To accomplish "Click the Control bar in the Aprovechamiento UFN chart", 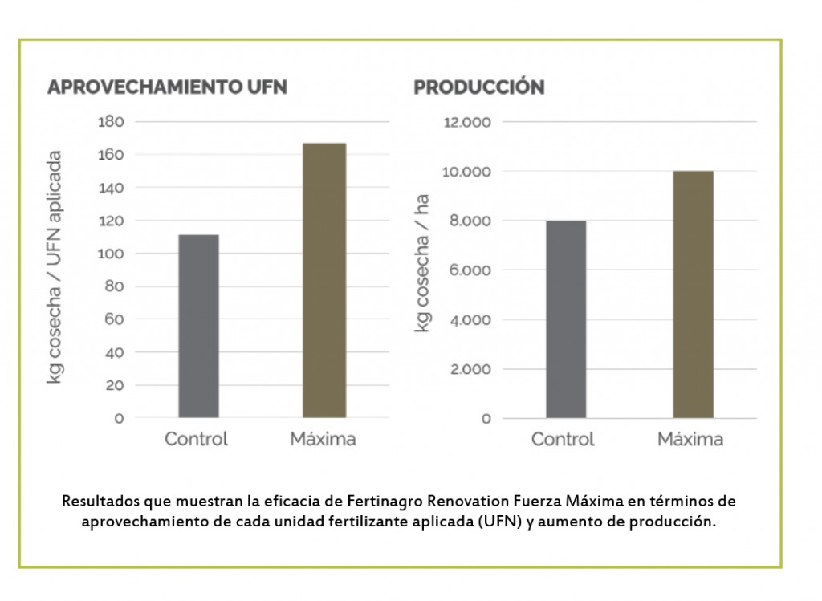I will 198,326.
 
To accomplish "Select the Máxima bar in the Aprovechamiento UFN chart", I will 324,280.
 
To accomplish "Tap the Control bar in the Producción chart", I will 566,319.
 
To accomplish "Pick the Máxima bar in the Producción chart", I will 692,294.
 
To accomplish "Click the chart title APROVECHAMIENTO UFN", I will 167,87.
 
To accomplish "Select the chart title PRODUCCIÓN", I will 478,87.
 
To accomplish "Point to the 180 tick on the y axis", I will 111,122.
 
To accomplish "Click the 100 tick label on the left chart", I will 111,254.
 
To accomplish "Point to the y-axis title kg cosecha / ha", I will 422,264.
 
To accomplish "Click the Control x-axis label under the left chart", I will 197,439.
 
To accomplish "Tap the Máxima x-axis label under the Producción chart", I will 690,439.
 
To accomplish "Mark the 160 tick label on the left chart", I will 111,155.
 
